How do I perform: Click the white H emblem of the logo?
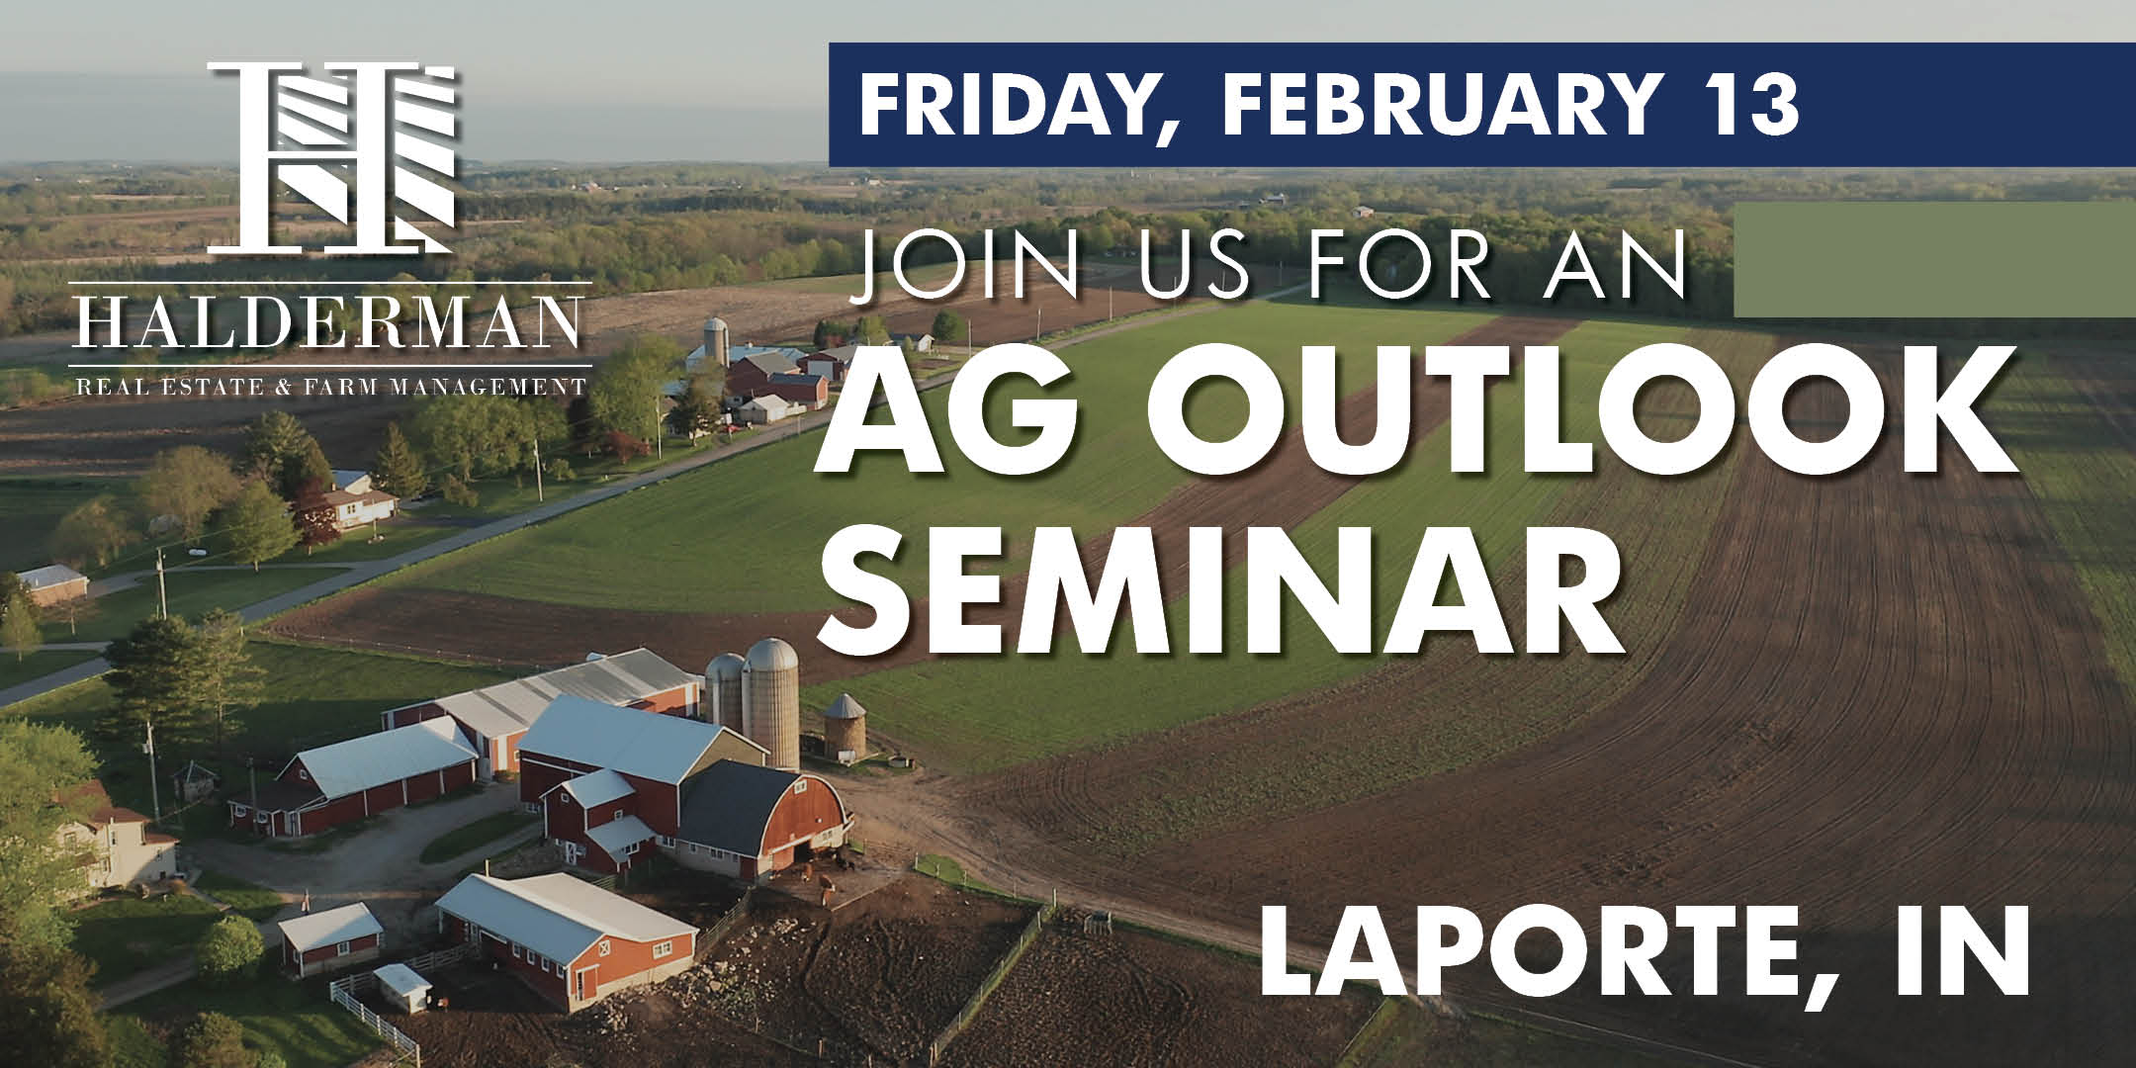[x=331, y=157]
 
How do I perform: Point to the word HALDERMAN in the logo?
[x=330, y=322]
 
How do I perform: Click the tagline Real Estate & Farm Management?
[x=330, y=385]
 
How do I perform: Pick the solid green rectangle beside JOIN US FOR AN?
[x=1934, y=259]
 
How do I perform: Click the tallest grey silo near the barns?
[x=771, y=701]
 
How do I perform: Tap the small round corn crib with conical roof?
[x=845, y=726]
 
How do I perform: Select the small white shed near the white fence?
[x=402, y=986]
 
